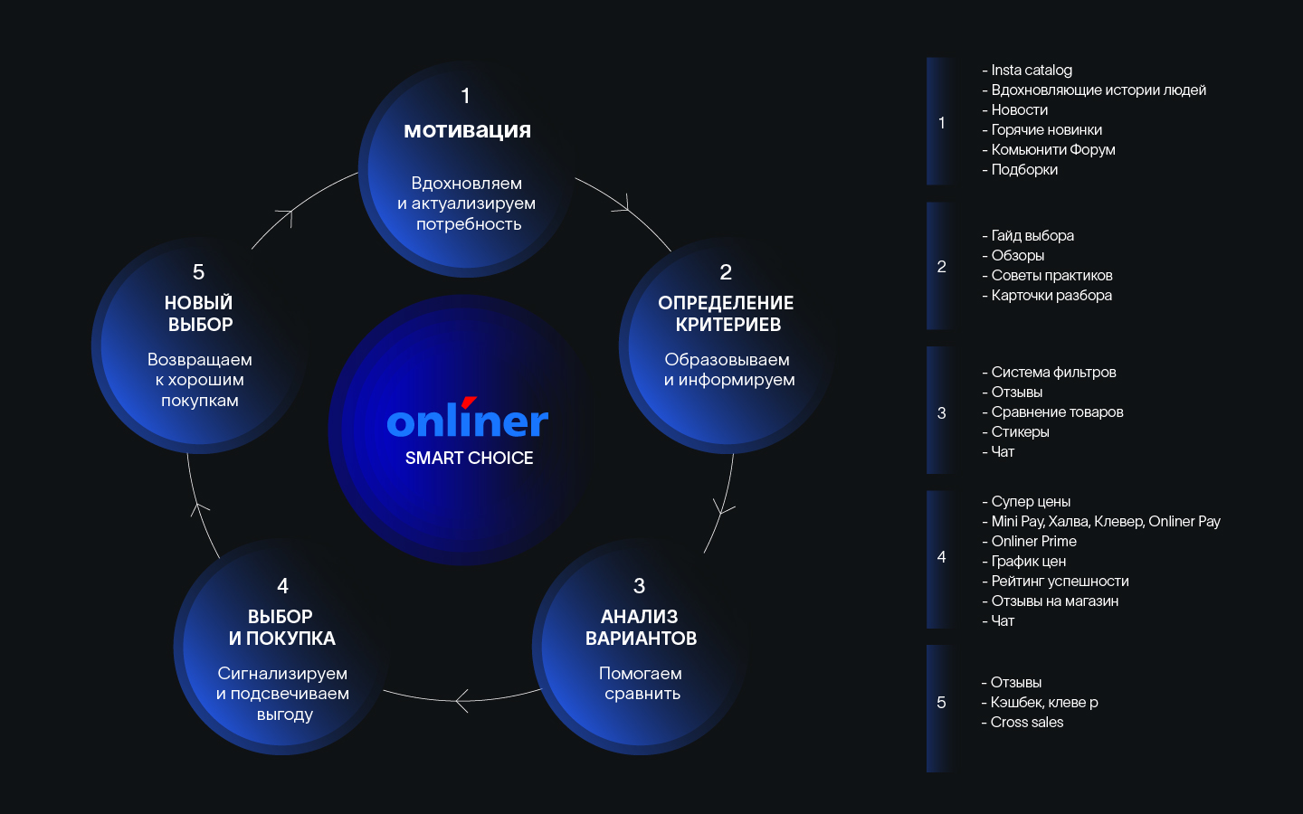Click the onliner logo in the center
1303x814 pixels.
[x=467, y=420]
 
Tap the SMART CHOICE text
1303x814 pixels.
[x=469, y=459]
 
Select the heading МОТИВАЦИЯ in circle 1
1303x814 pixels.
[x=467, y=130]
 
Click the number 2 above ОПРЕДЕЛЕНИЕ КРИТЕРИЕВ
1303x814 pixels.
[x=726, y=272]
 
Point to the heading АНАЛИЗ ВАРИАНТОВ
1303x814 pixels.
[x=641, y=628]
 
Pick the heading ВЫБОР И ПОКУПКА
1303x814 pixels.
[x=281, y=628]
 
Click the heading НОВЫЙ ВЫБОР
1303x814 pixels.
[x=199, y=314]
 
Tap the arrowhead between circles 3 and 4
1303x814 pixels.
[x=461, y=700]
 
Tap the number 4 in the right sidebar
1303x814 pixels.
[x=941, y=557]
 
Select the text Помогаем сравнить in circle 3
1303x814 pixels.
[x=642, y=684]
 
